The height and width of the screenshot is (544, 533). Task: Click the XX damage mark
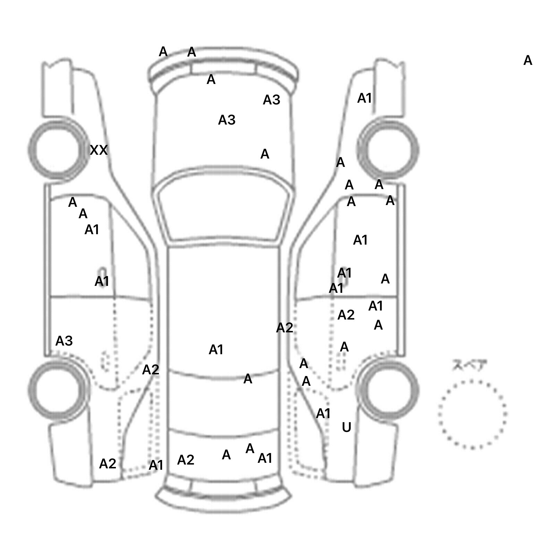(99, 150)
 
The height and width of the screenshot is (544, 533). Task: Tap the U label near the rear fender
(346, 427)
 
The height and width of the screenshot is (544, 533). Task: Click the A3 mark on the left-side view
(64, 341)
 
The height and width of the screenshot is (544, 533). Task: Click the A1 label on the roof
(216, 350)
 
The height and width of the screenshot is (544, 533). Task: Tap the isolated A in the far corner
(527, 60)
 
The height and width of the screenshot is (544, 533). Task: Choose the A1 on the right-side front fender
(364, 99)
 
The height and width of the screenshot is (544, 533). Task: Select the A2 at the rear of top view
(186, 460)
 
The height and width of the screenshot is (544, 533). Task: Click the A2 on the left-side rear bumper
(108, 464)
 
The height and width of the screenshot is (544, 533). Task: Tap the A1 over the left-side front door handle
(102, 281)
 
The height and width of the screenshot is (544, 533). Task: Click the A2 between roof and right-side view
(285, 328)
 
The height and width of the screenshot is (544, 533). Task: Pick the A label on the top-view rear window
(247, 379)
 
